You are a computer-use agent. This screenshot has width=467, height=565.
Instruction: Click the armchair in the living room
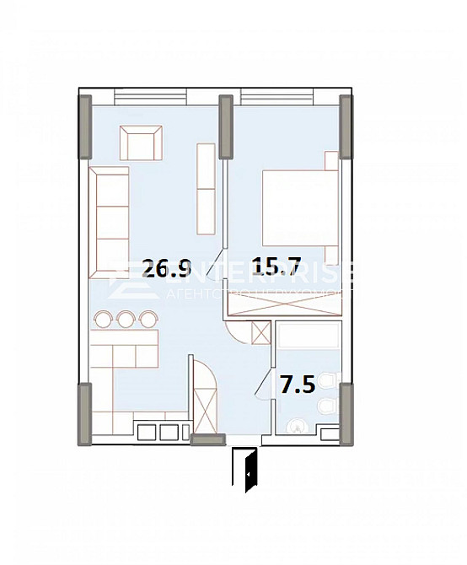point(142,143)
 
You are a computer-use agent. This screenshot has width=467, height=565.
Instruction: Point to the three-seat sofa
point(110,222)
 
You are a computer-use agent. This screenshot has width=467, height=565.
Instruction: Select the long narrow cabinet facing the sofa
point(207,188)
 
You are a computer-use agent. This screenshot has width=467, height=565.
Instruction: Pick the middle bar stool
point(126,318)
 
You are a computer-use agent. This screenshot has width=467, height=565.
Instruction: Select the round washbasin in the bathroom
point(298,427)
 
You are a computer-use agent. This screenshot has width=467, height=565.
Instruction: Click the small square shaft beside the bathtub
point(261,334)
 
